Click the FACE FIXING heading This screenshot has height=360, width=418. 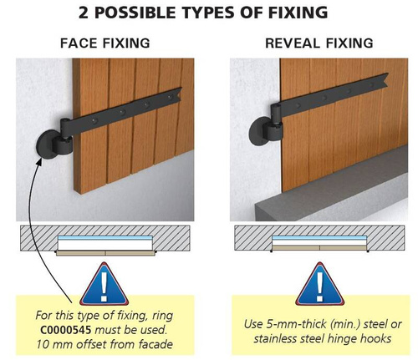[105, 43]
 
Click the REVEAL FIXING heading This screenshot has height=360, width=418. [319, 43]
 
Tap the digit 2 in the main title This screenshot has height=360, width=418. [84, 13]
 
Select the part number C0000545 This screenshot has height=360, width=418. [66, 330]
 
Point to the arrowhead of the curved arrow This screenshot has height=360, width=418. [40, 161]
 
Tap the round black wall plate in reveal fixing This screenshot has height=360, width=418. [259, 131]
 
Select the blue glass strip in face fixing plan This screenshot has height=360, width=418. [105, 238]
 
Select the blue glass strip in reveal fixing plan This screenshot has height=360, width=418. [319, 238]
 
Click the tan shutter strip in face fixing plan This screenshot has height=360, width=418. [105, 253]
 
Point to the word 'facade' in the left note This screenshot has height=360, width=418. [155, 344]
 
